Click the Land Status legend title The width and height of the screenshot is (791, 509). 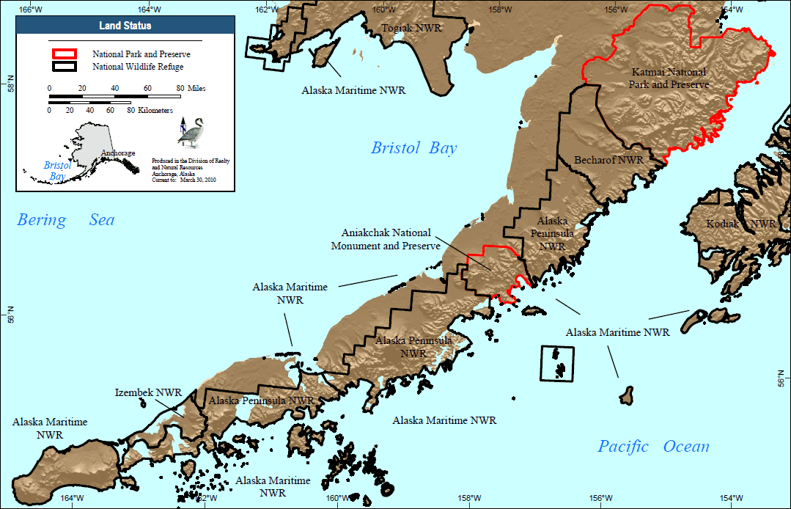125,26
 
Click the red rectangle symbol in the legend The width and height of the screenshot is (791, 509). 64,54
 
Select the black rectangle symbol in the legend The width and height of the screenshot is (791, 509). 64,66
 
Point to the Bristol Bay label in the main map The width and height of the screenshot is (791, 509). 413,148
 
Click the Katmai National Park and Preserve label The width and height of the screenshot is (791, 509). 669,78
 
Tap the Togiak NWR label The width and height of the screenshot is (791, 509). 410,28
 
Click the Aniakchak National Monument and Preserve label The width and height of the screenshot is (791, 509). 386,239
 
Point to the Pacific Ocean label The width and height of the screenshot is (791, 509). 653,446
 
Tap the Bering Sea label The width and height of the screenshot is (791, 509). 66,220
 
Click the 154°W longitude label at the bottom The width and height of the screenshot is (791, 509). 727,499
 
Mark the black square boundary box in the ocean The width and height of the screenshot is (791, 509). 557,363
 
